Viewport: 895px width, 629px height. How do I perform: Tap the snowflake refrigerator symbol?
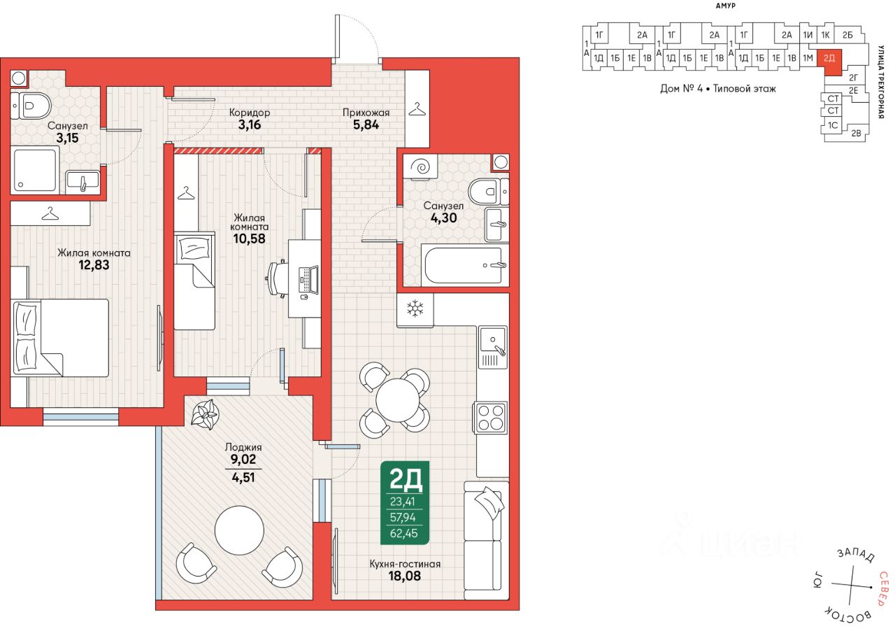pyautogui.click(x=415, y=309)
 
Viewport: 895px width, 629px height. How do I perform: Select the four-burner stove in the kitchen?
pyautogui.click(x=491, y=418)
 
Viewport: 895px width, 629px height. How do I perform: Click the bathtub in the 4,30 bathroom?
pyautogui.click(x=464, y=265)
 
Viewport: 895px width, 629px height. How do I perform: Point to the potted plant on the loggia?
pyautogui.click(x=206, y=415)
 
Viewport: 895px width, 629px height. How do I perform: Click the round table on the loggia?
pyautogui.click(x=239, y=530)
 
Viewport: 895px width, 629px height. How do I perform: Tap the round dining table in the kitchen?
pyautogui.click(x=399, y=400)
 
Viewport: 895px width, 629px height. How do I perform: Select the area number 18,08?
pyautogui.click(x=404, y=576)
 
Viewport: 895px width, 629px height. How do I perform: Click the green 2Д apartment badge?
pyautogui.click(x=405, y=502)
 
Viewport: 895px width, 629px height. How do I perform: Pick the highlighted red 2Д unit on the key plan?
pyautogui.click(x=829, y=61)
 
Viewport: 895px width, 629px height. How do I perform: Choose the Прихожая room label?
pyautogui.click(x=366, y=113)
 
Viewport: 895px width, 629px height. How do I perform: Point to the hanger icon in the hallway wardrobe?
pyautogui.click(x=417, y=108)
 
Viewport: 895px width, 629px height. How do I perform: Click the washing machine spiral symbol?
pyautogui.click(x=420, y=167)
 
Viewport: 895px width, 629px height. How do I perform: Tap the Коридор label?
pyautogui.click(x=250, y=113)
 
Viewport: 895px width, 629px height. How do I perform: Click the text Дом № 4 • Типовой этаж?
pyautogui.click(x=718, y=88)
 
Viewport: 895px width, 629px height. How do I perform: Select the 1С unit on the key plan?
pyautogui.click(x=832, y=125)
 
